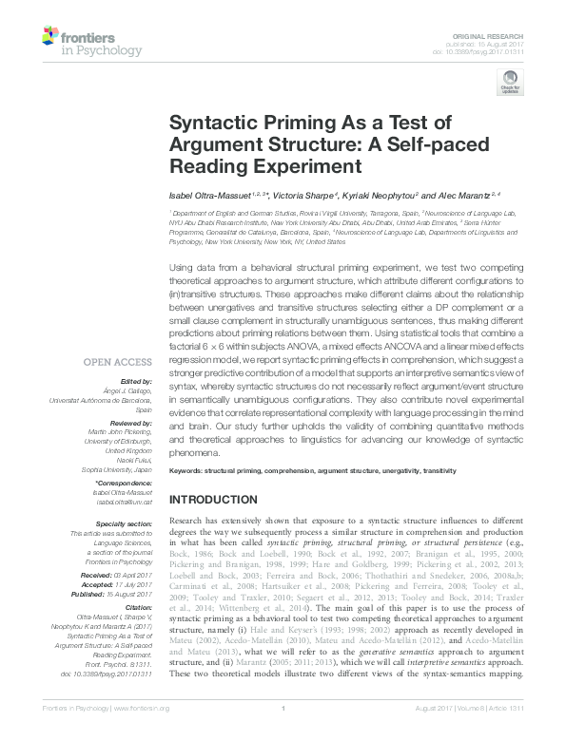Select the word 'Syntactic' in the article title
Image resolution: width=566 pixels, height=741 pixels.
coord(211,123)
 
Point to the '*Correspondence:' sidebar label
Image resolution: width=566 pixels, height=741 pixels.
coord(124,482)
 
